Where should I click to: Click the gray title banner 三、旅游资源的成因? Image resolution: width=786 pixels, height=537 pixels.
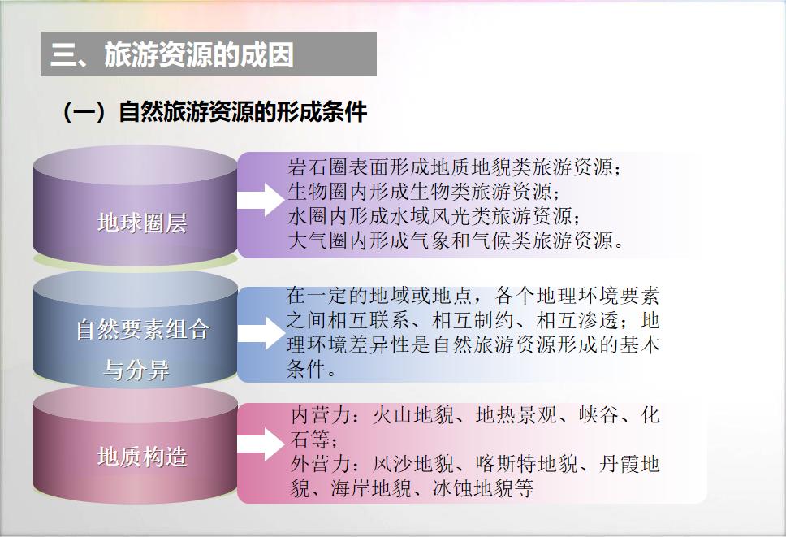click(209, 54)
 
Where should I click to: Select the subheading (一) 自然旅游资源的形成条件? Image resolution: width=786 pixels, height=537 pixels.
click(214, 112)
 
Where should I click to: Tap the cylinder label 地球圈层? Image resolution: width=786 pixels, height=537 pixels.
click(142, 223)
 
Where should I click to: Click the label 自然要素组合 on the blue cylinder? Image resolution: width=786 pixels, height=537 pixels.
click(143, 330)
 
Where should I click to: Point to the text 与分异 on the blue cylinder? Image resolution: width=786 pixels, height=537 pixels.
click(136, 370)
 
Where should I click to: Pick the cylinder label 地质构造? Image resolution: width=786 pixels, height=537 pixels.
click(142, 457)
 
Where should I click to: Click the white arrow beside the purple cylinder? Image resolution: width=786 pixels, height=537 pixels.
click(261, 200)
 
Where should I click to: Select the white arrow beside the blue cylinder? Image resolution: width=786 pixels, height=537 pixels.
click(261, 333)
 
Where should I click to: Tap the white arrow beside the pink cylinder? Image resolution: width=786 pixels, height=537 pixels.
click(261, 444)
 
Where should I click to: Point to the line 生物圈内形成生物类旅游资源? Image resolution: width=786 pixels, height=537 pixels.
click(424, 192)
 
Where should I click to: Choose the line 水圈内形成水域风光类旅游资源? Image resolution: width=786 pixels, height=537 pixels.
click(434, 216)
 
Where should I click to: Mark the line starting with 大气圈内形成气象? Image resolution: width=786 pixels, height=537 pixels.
click(456, 240)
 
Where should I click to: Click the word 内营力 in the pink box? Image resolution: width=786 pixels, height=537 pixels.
click(321, 415)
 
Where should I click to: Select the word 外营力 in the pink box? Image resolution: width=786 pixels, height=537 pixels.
click(321, 464)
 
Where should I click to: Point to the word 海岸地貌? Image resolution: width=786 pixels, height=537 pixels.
click(371, 488)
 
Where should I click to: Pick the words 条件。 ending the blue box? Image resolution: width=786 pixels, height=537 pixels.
click(311, 370)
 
